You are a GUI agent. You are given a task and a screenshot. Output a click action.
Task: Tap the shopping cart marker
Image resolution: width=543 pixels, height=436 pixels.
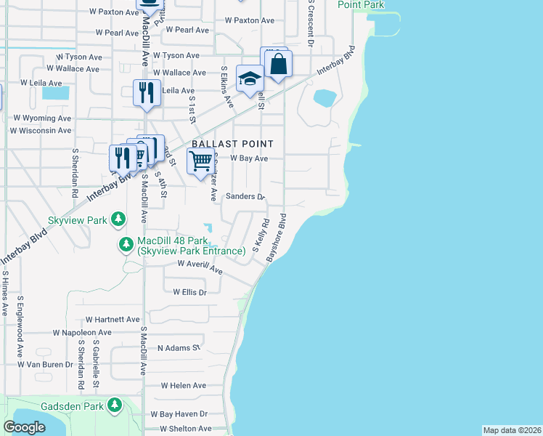click(200, 161)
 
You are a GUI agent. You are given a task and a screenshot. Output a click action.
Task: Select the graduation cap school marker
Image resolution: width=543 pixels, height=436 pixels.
click(250, 80)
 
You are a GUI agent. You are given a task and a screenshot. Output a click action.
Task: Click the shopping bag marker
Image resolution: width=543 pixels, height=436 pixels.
click(279, 64)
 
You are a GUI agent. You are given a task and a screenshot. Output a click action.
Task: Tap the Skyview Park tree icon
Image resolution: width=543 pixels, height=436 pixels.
click(118, 219)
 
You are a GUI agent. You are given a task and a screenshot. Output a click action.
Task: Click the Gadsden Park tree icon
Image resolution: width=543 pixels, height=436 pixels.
click(115, 405)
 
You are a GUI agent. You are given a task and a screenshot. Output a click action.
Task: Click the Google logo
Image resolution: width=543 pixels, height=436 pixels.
click(25, 427)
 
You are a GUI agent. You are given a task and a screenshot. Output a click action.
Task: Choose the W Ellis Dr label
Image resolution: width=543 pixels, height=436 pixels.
click(190, 292)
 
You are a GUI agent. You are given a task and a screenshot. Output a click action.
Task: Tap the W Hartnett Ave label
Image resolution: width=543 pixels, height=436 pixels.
click(113, 319)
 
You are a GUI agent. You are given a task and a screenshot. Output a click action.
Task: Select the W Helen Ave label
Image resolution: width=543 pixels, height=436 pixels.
click(184, 385)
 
